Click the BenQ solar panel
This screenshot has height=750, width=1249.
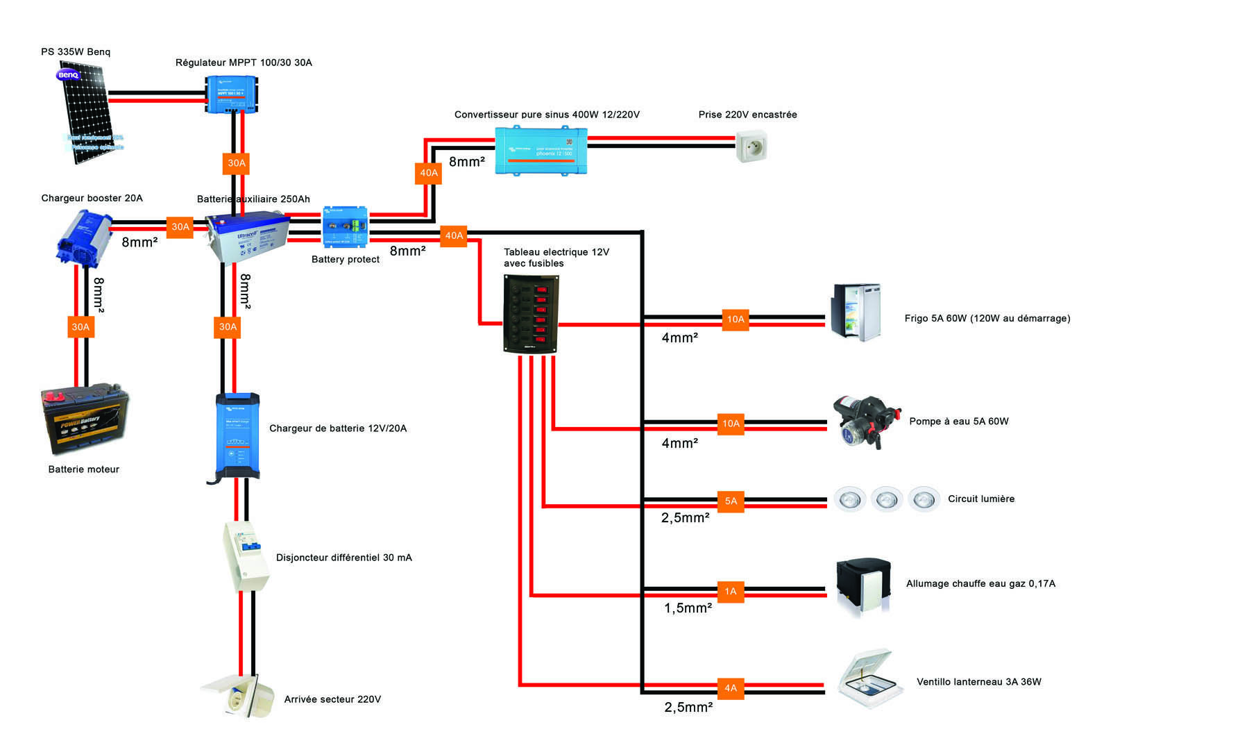tap(89, 115)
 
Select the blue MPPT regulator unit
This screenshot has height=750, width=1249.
tap(232, 94)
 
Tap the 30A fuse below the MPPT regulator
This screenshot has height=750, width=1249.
tap(237, 163)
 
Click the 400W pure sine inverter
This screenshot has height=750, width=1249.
tap(541, 150)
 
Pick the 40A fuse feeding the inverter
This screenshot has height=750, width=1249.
tap(429, 173)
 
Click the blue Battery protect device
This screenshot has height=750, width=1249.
tap(345, 226)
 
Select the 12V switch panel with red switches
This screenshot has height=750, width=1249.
tap(531, 314)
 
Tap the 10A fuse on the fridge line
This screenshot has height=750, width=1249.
tap(736, 319)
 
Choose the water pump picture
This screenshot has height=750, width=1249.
tap(865, 422)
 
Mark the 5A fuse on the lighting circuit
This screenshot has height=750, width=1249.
tap(731, 501)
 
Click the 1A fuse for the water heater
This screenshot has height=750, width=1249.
tap(731, 592)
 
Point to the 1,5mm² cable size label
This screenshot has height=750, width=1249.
tap(688, 608)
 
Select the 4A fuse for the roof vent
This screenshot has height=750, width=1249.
tap(731, 688)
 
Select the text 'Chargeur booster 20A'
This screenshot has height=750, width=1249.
tap(92, 198)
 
